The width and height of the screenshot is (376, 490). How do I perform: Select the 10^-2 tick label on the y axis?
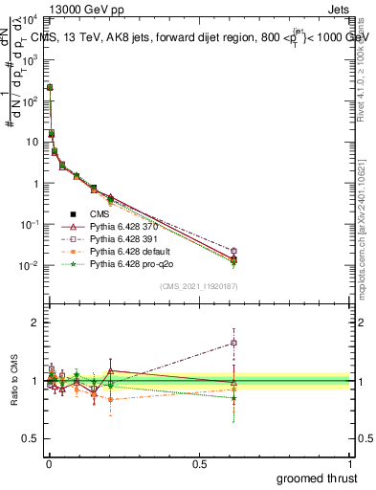(x=26, y=265)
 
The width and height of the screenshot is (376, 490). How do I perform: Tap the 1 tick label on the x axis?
(x=349, y=464)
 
